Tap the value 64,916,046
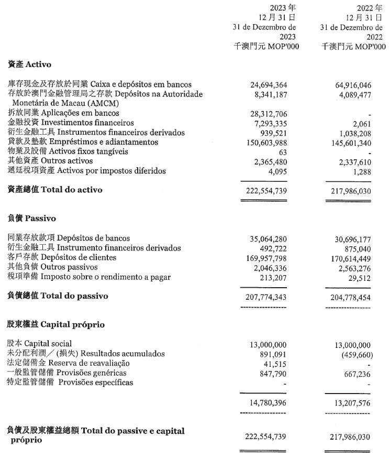pyautogui.click(x=352, y=84)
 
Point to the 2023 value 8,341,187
pyautogui.click(x=269, y=94)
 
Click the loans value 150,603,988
pyautogui.click(x=264, y=143)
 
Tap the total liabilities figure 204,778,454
pyautogui.click(x=350, y=297)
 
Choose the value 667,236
pyautogui.click(x=355, y=373)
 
